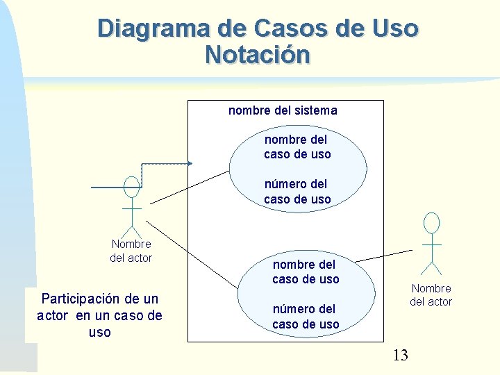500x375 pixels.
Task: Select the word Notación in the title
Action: pyautogui.click(x=258, y=54)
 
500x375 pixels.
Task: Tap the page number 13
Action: pyautogui.click(x=401, y=356)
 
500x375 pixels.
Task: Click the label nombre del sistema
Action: pyautogui.click(x=283, y=110)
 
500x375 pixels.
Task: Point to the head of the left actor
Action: pyautogui.click(x=131, y=187)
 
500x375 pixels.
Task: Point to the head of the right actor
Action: pyautogui.click(x=432, y=223)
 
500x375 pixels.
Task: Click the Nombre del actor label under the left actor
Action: pyautogui.click(x=131, y=251)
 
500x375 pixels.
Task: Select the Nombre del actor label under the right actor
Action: pyautogui.click(x=431, y=295)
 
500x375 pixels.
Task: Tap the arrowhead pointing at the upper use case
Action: pyautogui.click(x=189, y=164)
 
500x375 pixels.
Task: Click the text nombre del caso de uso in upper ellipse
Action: pyautogui.click(x=297, y=147)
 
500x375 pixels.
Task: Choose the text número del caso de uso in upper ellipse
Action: pyautogui.click(x=297, y=192)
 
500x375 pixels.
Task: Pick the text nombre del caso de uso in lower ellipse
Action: pyautogui.click(x=306, y=272)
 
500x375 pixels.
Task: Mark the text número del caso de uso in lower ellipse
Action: pyautogui.click(x=306, y=317)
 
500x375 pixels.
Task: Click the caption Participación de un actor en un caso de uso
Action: pyautogui.click(x=99, y=315)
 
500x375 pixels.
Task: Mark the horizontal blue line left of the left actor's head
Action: pyautogui.click(x=107, y=187)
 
